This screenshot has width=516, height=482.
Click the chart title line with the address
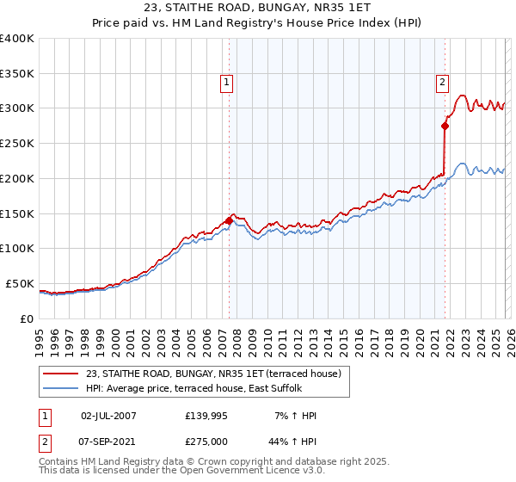point(257,9)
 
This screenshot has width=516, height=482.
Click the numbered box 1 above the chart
point(226,83)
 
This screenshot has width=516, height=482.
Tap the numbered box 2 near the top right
point(442,83)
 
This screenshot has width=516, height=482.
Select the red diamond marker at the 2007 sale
point(229,221)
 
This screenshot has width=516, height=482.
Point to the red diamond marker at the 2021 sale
point(445,126)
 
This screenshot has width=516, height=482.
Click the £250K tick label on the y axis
point(17,144)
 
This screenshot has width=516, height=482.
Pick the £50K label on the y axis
point(19,283)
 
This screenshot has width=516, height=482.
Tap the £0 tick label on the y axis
point(27,318)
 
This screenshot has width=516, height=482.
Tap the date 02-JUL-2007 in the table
point(108,416)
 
